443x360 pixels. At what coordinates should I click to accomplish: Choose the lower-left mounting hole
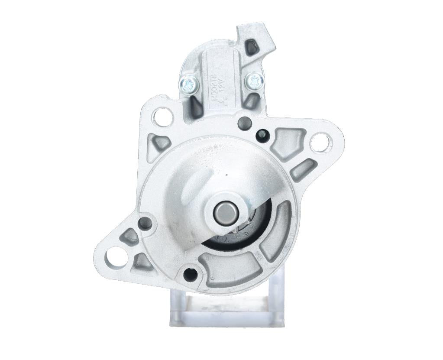tap(115, 256)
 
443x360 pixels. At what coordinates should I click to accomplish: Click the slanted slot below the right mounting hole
tap(303, 170)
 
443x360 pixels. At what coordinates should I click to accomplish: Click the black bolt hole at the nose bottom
tap(190, 273)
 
